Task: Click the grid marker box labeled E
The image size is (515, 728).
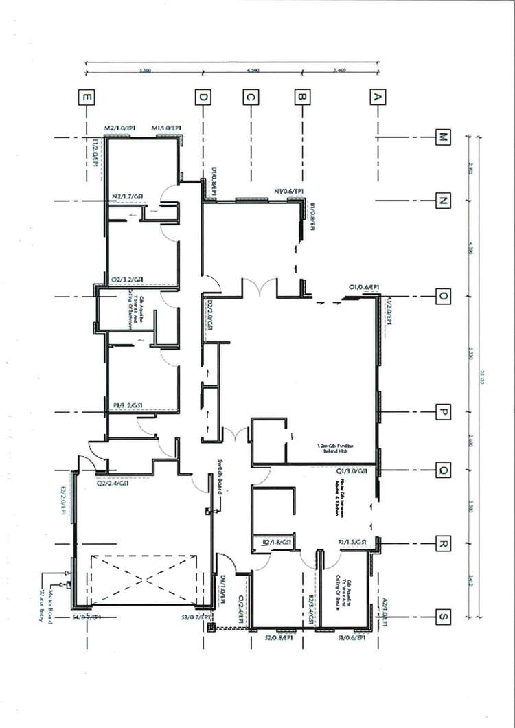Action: tap(87, 98)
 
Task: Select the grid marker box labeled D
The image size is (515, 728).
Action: tap(203, 98)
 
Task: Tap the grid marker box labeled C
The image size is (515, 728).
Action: tap(251, 98)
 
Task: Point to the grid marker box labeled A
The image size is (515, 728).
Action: tap(376, 98)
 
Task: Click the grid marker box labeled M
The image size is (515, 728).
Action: tap(444, 138)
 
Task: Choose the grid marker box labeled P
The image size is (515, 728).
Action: tap(444, 412)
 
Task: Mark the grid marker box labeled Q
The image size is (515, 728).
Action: tap(444, 470)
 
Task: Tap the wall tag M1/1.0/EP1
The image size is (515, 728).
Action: tap(167, 128)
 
